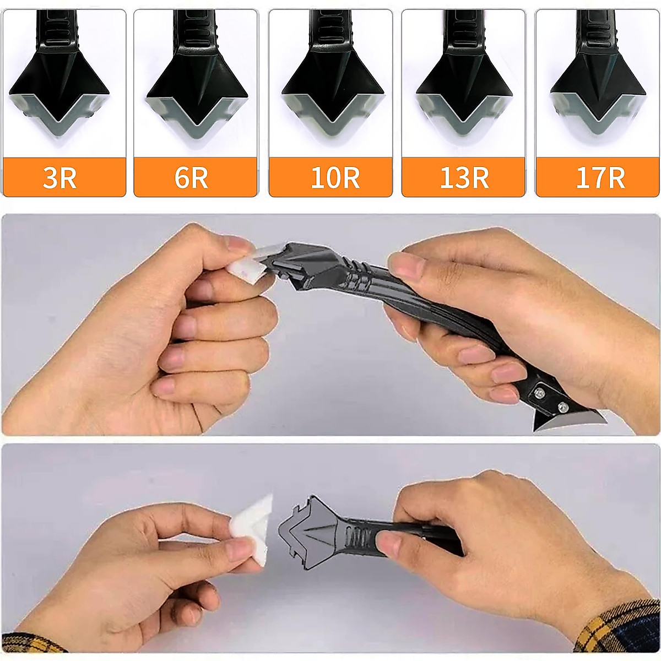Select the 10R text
(335, 178)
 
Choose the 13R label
(464, 178)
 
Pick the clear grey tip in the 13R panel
(464, 118)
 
